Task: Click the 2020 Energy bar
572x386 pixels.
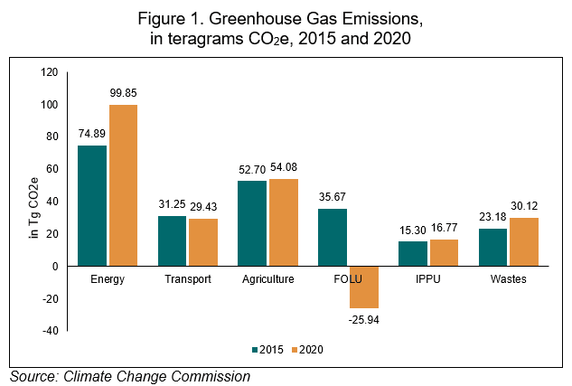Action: coord(124,185)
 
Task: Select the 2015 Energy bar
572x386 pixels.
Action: coord(92,205)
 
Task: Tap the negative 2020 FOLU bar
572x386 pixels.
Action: coord(364,287)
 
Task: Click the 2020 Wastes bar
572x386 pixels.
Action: coord(525,241)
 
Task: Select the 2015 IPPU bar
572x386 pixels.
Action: coord(413,253)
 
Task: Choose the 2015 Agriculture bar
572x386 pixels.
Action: coord(252,223)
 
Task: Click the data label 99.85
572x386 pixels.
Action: coord(125,95)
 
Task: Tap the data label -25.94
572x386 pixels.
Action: coord(364,318)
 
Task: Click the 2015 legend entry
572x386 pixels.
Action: coord(272,348)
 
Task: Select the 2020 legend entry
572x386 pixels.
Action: coord(310,348)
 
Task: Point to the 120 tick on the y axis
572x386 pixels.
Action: coord(48,72)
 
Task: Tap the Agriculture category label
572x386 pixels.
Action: coord(268,279)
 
